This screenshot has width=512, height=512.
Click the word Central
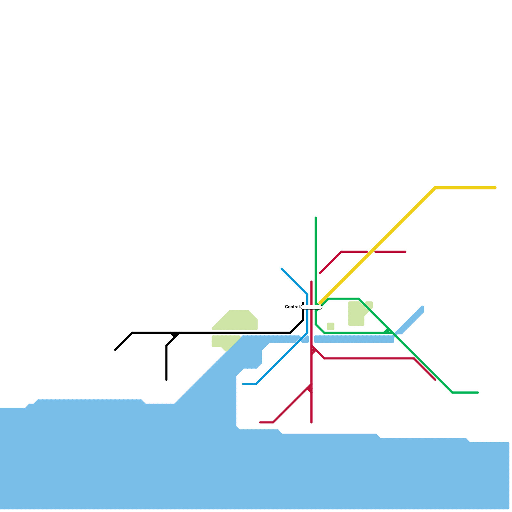point(292,307)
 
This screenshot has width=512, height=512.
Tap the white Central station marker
point(311,307)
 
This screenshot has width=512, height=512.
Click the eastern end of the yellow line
point(495,188)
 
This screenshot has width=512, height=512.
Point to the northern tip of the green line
point(316,218)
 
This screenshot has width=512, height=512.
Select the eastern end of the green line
point(478,392)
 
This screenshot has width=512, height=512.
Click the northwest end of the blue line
point(282,269)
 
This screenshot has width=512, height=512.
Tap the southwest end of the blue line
point(244,384)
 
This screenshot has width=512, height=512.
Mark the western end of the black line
point(115,350)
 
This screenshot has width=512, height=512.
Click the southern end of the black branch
point(166,380)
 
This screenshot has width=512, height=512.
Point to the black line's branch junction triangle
point(175,335)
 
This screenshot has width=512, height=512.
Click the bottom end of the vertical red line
point(311,422)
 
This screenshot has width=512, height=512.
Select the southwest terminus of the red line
point(260,422)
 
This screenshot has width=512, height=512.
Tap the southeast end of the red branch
point(435,380)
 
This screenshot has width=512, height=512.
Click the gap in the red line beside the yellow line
point(371,252)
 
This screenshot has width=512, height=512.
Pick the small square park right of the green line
point(331,326)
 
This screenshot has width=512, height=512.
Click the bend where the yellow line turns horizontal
point(435,188)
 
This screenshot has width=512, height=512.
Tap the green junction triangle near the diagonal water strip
point(388,331)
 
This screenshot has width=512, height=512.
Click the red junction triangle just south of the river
point(313,350)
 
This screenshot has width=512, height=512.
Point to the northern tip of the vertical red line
point(311,282)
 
